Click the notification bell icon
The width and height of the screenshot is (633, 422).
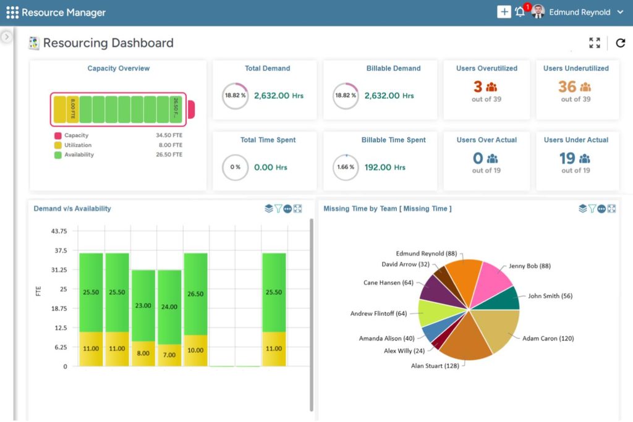tap(520, 12)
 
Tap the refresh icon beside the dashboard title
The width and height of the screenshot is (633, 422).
tap(621, 43)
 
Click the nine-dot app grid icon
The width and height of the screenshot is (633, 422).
tap(12, 12)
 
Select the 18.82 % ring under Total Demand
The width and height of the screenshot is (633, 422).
tap(235, 96)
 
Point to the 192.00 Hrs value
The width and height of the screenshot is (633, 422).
tap(384, 167)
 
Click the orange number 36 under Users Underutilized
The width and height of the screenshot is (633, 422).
tap(567, 87)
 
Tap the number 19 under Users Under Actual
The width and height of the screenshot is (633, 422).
tap(567, 158)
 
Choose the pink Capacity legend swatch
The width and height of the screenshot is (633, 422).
tap(58, 135)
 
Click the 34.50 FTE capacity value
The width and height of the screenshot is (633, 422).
tap(169, 135)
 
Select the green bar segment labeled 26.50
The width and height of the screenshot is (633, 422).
tap(196, 294)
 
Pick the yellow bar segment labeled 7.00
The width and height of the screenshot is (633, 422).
tap(169, 355)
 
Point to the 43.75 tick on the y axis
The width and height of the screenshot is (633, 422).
tap(59, 231)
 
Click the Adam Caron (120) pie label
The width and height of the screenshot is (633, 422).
tap(548, 338)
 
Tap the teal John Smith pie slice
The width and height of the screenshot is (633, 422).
tap(501, 300)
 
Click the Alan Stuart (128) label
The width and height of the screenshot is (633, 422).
tap(435, 366)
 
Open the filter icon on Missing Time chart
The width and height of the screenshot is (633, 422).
tap(592, 208)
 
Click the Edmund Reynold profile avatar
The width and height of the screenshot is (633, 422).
tap(538, 12)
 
